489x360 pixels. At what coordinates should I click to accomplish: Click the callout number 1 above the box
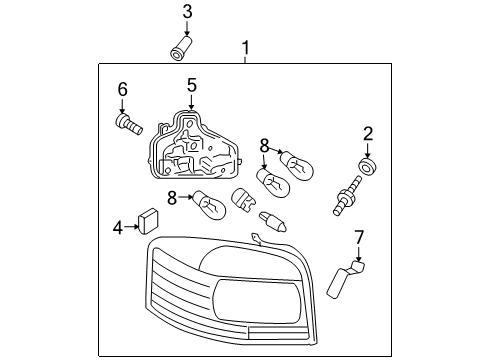tap(246, 48)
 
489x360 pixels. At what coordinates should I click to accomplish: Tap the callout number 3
tap(187, 12)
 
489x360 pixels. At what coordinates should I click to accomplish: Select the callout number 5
tap(192, 85)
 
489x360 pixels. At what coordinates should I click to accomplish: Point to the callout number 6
tap(123, 89)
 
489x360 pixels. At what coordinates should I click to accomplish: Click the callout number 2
tap(368, 134)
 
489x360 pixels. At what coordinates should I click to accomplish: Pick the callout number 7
tap(359, 237)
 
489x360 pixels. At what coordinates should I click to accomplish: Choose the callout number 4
tap(118, 228)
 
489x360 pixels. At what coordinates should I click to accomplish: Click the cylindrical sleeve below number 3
tap(182, 49)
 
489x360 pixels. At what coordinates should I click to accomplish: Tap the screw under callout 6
tap(129, 124)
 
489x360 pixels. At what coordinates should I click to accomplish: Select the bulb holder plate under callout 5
tap(194, 145)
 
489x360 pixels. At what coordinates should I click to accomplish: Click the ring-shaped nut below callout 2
tap(368, 166)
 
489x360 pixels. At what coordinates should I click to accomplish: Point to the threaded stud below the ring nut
tap(347, 196)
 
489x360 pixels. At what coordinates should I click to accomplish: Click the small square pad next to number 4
tap(149, 221)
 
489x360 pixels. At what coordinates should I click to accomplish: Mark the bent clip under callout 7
tap(345, 279)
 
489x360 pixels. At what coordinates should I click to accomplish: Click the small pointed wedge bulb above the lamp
tap(273, 221)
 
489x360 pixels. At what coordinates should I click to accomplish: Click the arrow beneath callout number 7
tap(358, 254)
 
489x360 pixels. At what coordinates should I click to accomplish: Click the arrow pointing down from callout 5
tap(191, 101)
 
